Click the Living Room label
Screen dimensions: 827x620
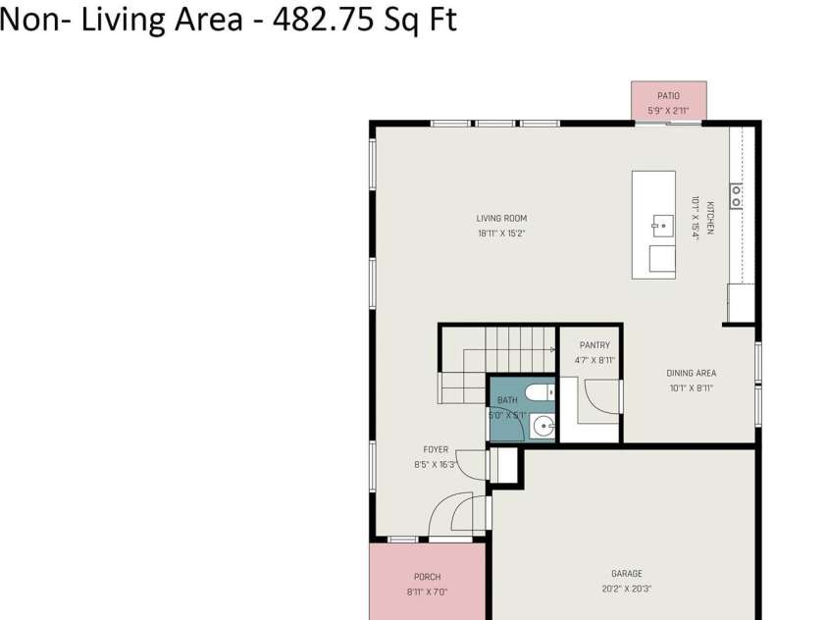(501, 218)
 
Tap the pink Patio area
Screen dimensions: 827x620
(669, 101)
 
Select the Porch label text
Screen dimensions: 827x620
(427, 577)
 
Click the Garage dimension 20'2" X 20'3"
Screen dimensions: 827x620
(627, 589)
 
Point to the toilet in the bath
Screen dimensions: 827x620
(541, 392)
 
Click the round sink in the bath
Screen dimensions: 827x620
(543, 426)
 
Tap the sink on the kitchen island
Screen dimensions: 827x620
(662, 227)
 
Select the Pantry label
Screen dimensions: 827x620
(594, 345)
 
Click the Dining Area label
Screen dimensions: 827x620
(691, 373)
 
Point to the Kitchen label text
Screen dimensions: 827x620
(710, 217)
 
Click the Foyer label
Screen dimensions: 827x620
(436, 449)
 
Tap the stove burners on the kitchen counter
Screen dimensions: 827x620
(736, 195)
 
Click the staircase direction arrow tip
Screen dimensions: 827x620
(554, 349)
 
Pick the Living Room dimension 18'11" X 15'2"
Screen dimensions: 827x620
(501, 233)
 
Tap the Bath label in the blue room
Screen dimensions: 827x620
(507, 400)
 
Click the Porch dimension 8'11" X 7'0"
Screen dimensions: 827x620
(427, 593)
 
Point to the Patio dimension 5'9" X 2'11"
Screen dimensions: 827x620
(669, 111)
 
